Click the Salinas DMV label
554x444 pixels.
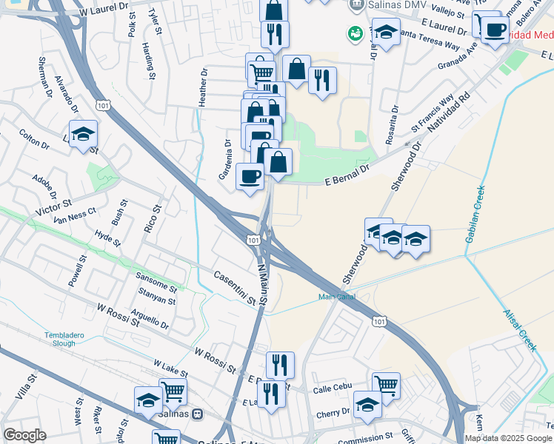pos(391,5)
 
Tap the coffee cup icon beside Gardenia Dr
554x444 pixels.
pos(250,177)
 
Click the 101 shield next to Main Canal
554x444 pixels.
pos(379,321)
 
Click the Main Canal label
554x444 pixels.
pos(337,297)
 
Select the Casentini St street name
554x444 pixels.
pos(234,287)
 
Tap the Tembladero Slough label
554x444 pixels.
pos(70,339)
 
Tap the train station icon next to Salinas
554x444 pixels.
pos(198,414)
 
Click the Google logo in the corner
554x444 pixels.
pos(25,435)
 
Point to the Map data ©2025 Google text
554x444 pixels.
pos(507,438)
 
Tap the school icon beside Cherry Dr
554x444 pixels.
pos(367,403)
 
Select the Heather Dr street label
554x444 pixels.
pos(204,87)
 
